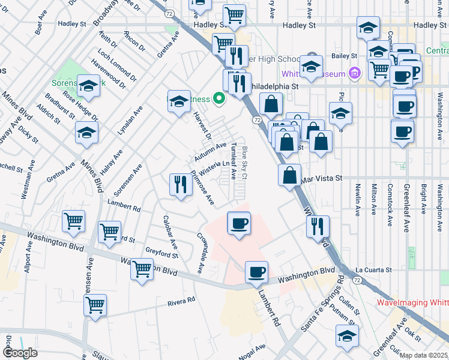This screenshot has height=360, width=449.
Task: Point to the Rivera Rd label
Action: pos(182,300)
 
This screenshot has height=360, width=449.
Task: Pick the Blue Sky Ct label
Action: pos(244,161)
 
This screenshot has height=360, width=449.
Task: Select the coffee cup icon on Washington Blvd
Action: pos(256,272)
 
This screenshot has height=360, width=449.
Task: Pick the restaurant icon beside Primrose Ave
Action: pos(181,185)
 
